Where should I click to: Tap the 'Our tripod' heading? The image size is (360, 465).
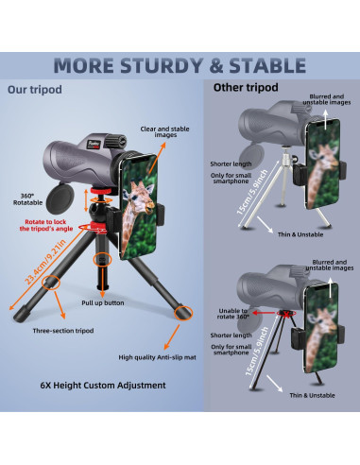(35, 91)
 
